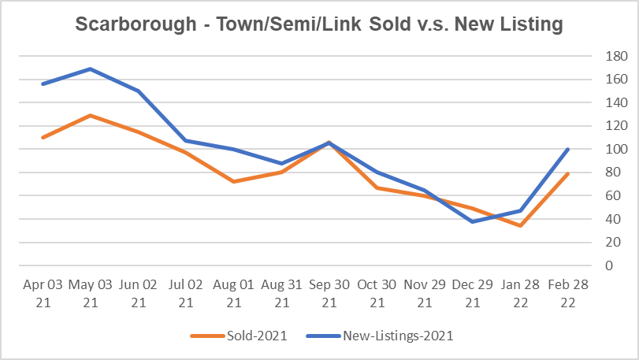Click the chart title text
click(319, 24)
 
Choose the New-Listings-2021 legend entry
click(398, 336)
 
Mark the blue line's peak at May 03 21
click(90, 69)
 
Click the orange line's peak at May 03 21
click(90, 115)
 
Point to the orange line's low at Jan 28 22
click(520, 225)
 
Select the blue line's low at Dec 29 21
click(472, 221)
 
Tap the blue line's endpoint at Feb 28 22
click(567, 149)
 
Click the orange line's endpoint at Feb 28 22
click(567, 173)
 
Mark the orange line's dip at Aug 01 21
click(233, 181)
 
